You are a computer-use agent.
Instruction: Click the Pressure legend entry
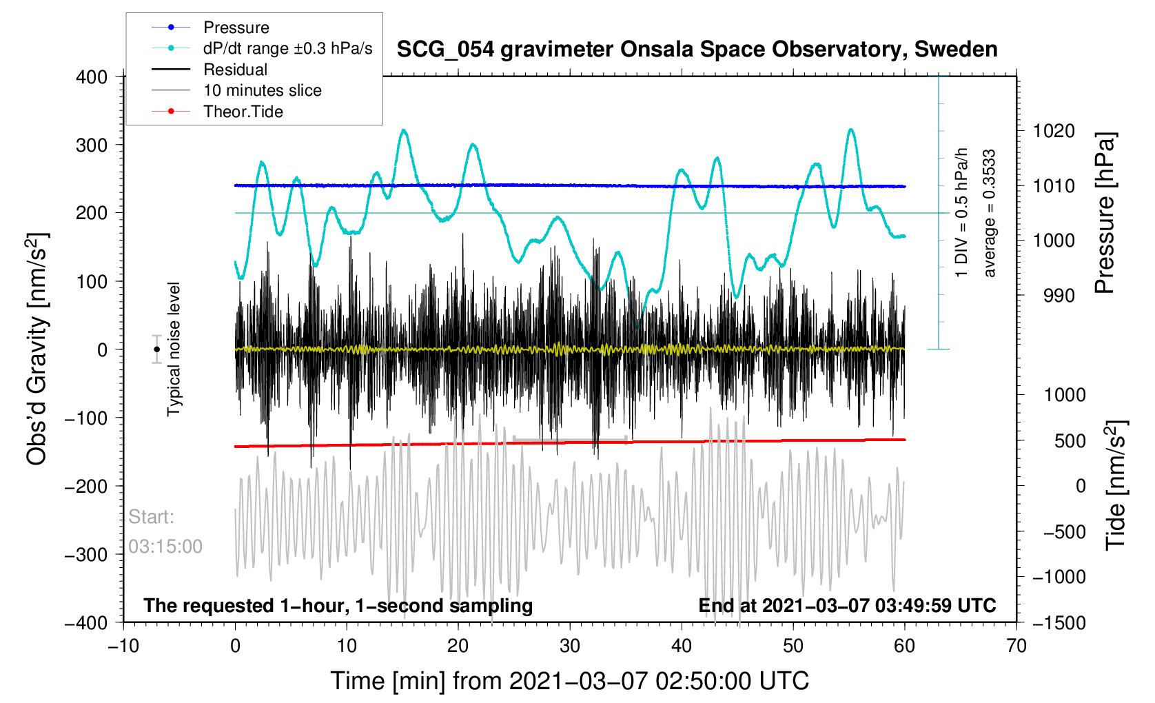click(236, 28)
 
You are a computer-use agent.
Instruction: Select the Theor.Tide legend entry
click(243, 112)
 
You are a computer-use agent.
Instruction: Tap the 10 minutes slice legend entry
click(262, 90)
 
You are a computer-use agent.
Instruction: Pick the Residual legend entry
click(235, 70)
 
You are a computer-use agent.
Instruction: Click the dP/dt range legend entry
click(287, 48)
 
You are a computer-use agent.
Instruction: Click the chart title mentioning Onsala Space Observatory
click(697, 50)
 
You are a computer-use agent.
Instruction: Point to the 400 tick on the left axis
click(92, 77)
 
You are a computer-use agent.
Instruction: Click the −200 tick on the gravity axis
click(86, 487)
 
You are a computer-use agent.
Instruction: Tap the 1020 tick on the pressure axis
click(1054, 131)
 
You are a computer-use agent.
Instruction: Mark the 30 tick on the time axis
click(570, 646)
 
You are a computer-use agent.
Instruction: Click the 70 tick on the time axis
click(1016, 646)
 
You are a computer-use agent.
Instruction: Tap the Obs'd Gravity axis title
click(37, 349)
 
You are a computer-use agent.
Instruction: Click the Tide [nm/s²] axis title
click(1116, 486)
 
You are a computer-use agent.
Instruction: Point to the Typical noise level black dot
click(157, 349)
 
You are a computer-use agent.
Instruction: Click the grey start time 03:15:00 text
click(165, 547)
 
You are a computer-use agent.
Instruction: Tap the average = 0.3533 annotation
click(990, 214)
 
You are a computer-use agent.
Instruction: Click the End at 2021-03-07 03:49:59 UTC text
click(847, 606)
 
